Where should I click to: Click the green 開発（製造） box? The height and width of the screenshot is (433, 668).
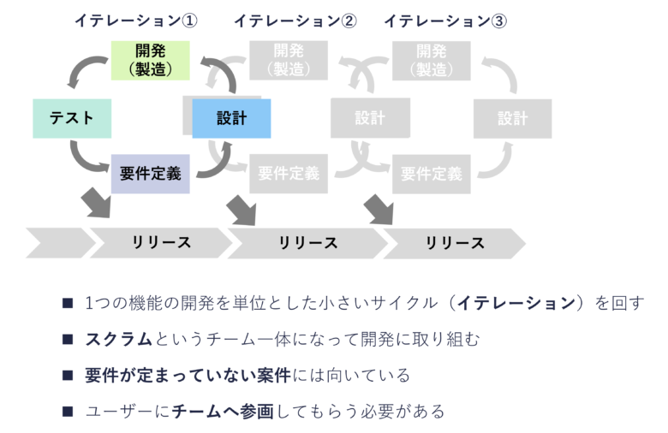point(150,60)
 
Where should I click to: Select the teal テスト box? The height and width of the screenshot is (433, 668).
point(72,118)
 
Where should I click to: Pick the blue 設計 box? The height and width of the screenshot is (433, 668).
point(231,118)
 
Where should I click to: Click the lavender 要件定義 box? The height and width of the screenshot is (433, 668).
point(150,173)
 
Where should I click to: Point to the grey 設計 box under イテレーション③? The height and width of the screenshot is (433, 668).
point(512,118)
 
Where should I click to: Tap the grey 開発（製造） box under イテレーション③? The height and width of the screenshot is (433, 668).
point(431,60)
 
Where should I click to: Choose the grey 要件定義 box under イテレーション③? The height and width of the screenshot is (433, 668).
point(431,174)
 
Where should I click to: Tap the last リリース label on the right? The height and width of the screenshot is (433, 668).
point(455,243)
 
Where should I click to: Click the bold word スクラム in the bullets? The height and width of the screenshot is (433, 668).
point(118,339)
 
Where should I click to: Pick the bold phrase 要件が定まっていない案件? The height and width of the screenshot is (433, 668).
point(188,376)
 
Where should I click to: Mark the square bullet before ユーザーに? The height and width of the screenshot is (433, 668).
point(68,412)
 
